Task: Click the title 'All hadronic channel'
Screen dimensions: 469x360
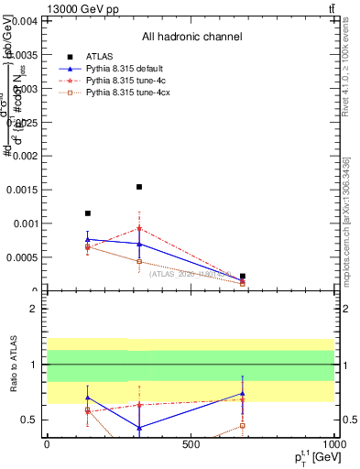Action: click(x=191, y=38)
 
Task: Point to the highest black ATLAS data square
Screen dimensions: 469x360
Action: click(x=139, y=187)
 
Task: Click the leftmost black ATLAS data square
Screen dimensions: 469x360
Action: click(x=88, y=213)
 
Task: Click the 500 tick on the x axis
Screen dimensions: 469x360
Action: click(x=191, y=444)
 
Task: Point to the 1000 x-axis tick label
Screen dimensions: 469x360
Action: click(x=333, y=444)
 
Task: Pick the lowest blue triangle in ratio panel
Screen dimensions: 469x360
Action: click(x=139, y=428)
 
